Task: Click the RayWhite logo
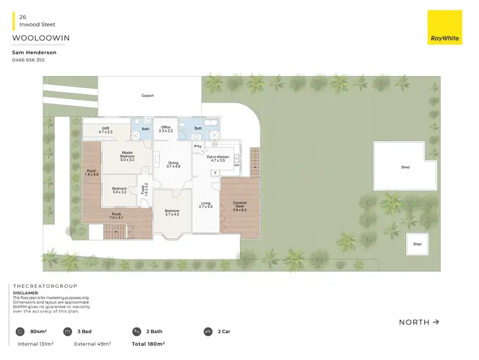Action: click(x=445, y=28)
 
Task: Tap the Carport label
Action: click(x=148, y=96)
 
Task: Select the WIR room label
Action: click(x=105, y=130)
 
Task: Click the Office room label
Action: click(x=165, y=128)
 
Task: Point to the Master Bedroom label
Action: click(x=126, y=154)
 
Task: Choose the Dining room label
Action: click(x=173, y=164)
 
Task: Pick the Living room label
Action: click(x=205, y=205)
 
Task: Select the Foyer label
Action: click(x=145, y=188)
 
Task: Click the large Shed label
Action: click(x=405, y=167)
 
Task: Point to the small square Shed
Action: click(x=417, y=244)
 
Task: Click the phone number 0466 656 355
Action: click(x=29, y=60)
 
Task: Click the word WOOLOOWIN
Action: click(x=41, y=38)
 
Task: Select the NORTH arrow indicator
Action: click(x=419, y=322)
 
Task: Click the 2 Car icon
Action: click(x=208, y=332)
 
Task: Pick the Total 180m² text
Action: click(x=148, y=344)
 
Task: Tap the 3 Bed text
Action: click(x=86, y=332)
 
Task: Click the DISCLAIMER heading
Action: click(x=26, y=294)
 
